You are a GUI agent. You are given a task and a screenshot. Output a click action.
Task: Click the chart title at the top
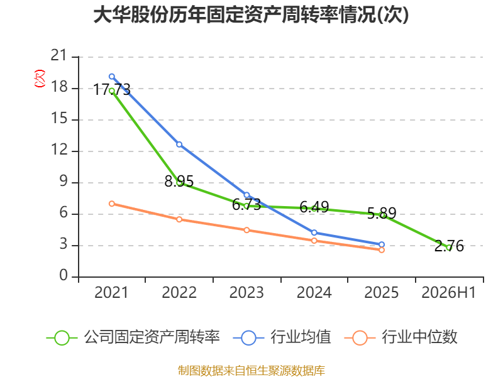[x=251, y=14]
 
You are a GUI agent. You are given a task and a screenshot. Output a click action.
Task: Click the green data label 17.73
[x=112, y=89]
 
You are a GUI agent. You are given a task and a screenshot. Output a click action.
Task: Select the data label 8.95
[x=179, y=182]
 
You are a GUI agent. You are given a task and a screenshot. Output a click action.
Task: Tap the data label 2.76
[x=449, y=246]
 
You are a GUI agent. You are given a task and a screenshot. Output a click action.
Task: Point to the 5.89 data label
[x=382, y=213]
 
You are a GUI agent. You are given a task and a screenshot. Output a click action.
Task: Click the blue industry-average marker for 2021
[x=112, y=77]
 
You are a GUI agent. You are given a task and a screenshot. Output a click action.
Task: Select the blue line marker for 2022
[x=179, y=145]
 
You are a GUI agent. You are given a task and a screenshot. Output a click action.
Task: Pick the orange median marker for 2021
[x=112, y=204]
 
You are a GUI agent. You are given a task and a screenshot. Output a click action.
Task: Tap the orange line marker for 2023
[x=246, y=230]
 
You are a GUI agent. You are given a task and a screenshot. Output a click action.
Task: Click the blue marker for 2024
[x=314, y=232]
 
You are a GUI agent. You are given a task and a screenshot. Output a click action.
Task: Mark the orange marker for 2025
[x=382, y=250]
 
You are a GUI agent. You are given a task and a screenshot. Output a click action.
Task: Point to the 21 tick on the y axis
[x=58, y=56]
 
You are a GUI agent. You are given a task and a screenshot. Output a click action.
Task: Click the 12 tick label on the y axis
[x=59, y=150]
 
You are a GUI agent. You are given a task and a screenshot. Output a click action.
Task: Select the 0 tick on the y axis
[x=64, y=275]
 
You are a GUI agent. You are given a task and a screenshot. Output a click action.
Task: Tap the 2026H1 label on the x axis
[x=448, y=293]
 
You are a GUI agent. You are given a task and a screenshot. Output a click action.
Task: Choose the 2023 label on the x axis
[x=246, y=293]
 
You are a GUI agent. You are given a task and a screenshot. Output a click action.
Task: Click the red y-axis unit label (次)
[x=40, y=79]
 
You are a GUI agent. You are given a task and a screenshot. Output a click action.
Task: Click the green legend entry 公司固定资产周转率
[x=133, y=337]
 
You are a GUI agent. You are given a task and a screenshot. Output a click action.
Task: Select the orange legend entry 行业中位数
[x=401, y=337]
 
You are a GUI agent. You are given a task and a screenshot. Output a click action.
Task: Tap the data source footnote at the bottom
[x=251, y=371]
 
